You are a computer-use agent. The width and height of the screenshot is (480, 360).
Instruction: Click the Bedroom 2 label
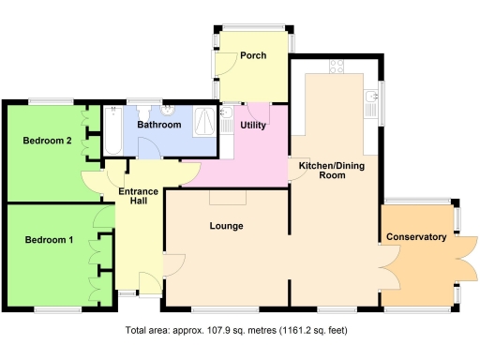(x=47, y=141)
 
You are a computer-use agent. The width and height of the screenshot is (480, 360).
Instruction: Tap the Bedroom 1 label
(x=48, y=240)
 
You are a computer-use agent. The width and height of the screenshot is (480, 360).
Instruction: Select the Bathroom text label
(x=158, y=124)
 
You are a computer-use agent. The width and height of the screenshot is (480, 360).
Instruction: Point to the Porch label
(x=253, y=55)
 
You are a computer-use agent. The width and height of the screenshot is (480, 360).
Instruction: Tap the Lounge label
(x=227, y=226)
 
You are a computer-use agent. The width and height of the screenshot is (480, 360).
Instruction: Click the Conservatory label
(x=416, y=237)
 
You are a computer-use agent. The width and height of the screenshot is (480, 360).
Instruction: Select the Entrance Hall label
(x=137, y=197)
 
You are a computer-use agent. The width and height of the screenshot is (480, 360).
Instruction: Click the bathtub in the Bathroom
(x=110, y=132)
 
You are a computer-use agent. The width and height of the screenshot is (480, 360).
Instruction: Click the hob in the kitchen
(x=334, y=67)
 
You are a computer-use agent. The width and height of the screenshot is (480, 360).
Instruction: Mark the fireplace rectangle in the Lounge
(x=227, y=198)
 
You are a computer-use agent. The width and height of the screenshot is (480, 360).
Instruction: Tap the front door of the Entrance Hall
(x=147, y=281)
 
